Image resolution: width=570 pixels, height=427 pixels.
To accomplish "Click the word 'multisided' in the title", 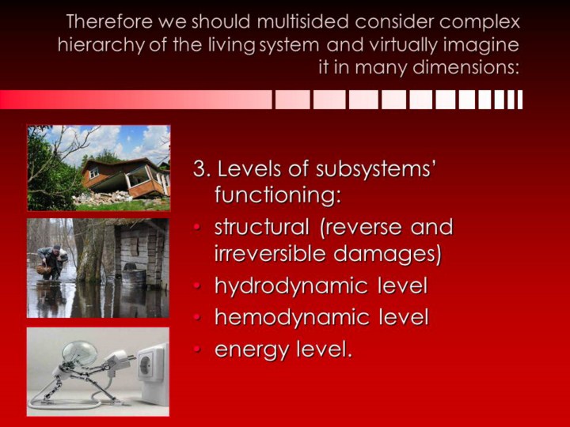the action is point(302,22).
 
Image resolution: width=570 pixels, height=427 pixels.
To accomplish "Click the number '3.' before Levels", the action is point(202,169).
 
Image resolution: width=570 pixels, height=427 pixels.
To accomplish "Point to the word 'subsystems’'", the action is point(374,169).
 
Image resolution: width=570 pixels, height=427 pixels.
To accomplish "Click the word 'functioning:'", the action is point(278,196).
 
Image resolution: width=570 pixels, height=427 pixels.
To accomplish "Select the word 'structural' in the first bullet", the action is point(262,227).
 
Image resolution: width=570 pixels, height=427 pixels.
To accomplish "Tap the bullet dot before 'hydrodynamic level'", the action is point(197,286).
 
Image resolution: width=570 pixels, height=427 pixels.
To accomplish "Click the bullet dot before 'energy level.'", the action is point(197,350).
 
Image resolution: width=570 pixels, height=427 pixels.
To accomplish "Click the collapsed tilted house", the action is point(125,178).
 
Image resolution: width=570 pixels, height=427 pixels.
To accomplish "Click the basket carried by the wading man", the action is point(44,269).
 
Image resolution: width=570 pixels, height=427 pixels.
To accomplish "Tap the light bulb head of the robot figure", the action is point(79,353).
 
